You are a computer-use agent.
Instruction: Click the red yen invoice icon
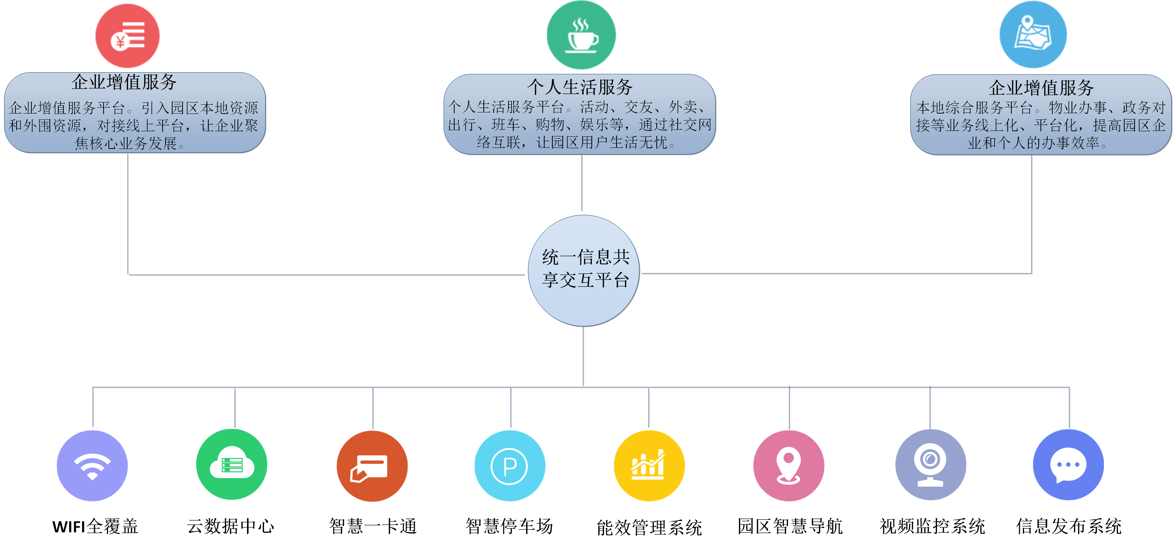pyautogui.click(x=127, y=35)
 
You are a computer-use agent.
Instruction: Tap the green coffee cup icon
pyautogui.click(x=581, y=35)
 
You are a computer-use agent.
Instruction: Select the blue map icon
pyautogui.click(x=1033, y=35)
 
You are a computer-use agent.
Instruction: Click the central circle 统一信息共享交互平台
pyautogui.click(x=584, y=270)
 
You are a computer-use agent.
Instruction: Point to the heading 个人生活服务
pyautogui.click(x=580, y=87)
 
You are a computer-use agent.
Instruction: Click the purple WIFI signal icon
pyautogui.click(x=92, y=466)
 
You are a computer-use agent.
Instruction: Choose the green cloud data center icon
pyautogui.click(x=232, y=465)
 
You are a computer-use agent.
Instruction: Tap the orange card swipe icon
pyautogui.click(x=372, y=466)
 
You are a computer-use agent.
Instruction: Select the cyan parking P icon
pyautogui.click(x=510, y=466)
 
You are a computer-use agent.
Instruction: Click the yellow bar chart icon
pyautogui.click(x=649, y=466)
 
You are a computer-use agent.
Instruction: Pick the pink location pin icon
pyautogui.click(x=788, y=466)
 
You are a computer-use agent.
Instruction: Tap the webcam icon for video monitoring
pyautogui.click(x=931, y=465)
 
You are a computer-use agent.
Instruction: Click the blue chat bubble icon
pyautogui.click(x=1068, y=465)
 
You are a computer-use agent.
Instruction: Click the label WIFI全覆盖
pyautogui.click(x=95, y=526)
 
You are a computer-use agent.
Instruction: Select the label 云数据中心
pyautogui.click(x=230, y=526)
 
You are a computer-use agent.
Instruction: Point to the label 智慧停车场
pyautogui.click(x=509, y=526)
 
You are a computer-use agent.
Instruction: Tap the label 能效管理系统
pyautogui.click(x=649, y=528)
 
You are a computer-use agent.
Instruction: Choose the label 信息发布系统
pyautogui.click(x=1069, y=526)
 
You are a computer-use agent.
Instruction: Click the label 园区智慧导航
pyautogui.click(x=790, y=526)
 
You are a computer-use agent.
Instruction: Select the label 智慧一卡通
pyautogui.click(x=373, y=526)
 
